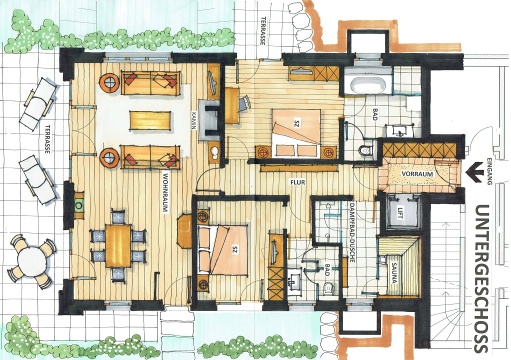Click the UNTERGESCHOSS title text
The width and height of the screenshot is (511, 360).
[482, 278]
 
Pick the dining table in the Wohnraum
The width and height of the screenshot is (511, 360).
[118, 245]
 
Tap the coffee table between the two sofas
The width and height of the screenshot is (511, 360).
[150, 120]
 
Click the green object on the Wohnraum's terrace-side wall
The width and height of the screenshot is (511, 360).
[79, 204]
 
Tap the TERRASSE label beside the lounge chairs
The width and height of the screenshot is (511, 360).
[47, 138]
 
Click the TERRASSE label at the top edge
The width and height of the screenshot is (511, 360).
[263, 31]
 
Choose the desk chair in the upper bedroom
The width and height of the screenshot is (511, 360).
[244, 103]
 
